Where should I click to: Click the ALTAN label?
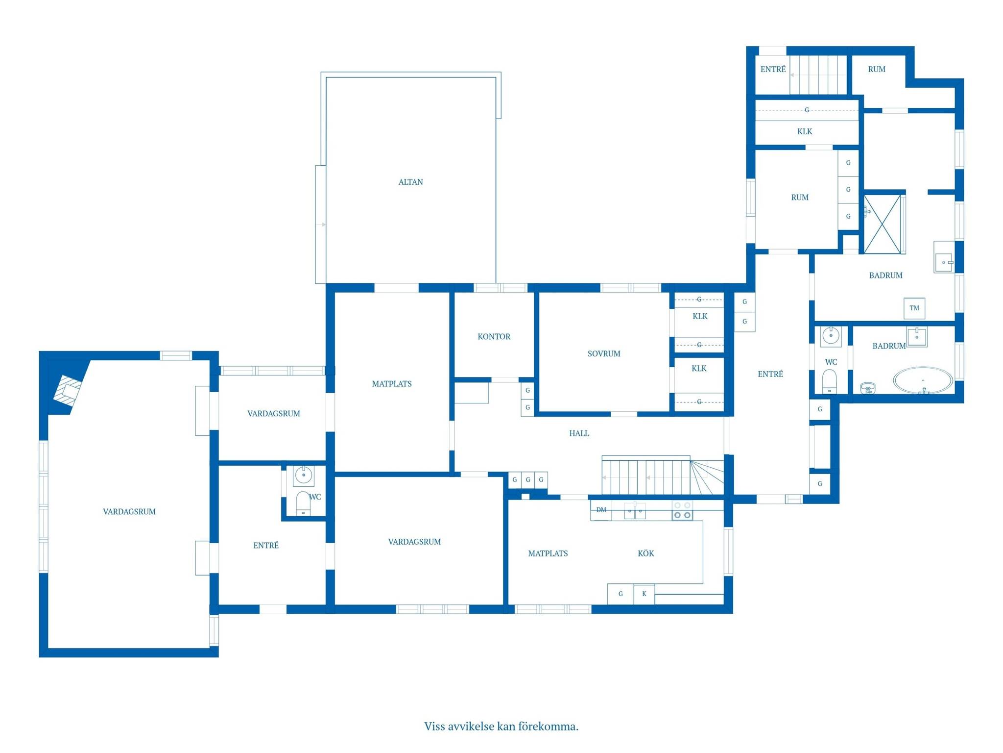point(410,182)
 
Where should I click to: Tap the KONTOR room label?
point(494,336)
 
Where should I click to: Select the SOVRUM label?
point(604,353)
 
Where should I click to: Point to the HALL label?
point(579,433)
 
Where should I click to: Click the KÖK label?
point(645,553)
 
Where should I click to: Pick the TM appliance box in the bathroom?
point(914,308)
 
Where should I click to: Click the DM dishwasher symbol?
point(601,510)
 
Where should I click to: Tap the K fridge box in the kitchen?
point(644,594)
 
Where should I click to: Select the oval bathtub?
point(923,380)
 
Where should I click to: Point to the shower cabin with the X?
point(882,224)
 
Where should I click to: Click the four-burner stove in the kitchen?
point(682,510)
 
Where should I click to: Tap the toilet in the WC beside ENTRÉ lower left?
point(303,503)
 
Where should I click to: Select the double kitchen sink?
point(635,510)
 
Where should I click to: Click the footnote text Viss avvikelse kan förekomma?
point(501,726)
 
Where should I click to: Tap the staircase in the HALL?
point(663,476)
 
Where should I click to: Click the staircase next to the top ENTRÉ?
point(818,75)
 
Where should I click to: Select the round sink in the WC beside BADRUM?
point(831,336)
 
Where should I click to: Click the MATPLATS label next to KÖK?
point(548,553)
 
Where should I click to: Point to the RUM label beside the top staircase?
point(877,69)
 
